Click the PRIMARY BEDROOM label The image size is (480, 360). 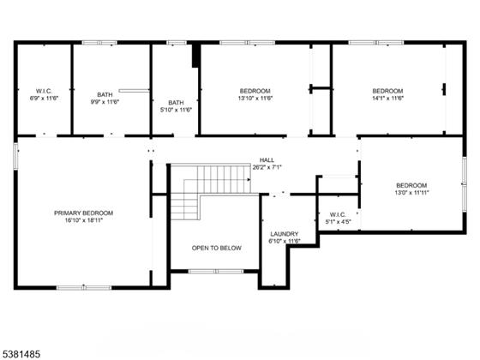click(84, 213)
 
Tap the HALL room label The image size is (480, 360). click(267, 160)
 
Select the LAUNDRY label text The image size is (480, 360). click(285, 234)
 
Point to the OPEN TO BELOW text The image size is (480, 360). click(216, 248)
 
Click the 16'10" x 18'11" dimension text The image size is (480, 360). click(84, 220)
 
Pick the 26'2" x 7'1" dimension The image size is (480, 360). click(267, 167)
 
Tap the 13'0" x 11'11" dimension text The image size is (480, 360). click(411, 193)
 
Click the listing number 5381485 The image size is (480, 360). click(21, 355)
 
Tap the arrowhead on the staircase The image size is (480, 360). click(249, 180)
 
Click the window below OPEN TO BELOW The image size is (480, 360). click(216, 271)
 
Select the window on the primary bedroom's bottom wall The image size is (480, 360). click(84, 288)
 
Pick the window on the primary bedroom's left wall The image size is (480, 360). click(16, 156)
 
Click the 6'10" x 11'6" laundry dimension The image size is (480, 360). click(285, 241)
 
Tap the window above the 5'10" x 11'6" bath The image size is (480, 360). click(177, 43)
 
